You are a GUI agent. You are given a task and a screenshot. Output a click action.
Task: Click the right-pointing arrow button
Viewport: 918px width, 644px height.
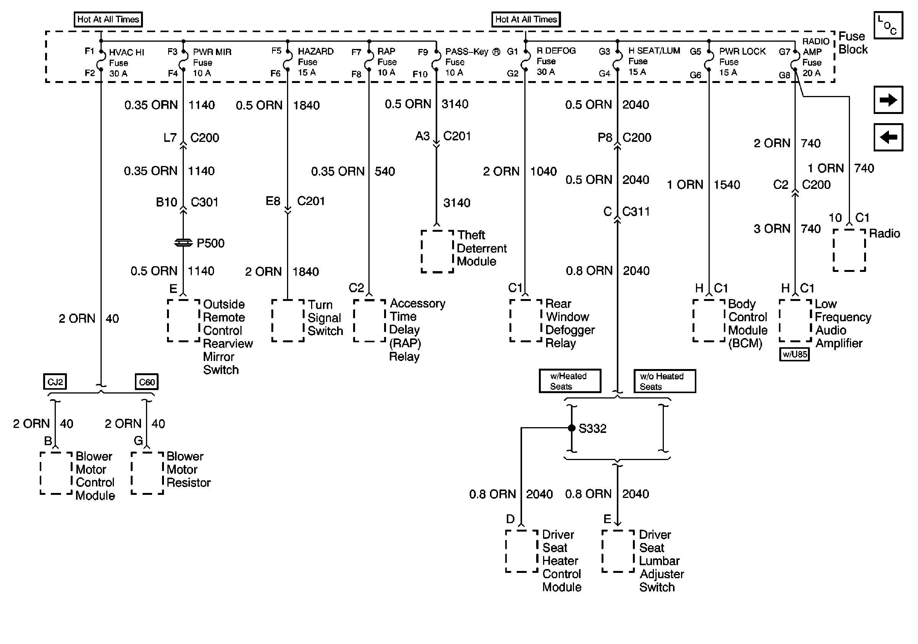pyautogui.click(x=888, y=100)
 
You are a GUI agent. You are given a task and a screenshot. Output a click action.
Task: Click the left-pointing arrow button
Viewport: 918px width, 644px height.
pyautogui.click(x=888, y=137)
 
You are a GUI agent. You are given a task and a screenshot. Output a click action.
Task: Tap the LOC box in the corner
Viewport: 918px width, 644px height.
pyautogui.click(x=888, y=25)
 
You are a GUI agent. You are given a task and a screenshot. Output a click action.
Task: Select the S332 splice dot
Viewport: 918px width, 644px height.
pyautogui.click(x=572, y=428)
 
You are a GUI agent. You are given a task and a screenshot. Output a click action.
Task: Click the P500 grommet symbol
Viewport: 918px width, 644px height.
pyautogui.click(x=183, y=243)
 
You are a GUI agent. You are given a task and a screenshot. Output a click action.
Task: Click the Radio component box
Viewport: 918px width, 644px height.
pyautogui.click(x=849, y=250)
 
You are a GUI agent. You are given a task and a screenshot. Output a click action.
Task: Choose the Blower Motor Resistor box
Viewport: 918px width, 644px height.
pyautogui.click(x=147, y=473)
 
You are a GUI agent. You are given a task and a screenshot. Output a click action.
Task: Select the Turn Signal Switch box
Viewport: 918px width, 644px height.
pyautogui.click(x=287, y=320)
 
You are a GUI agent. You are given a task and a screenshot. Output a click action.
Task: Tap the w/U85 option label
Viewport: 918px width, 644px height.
pyautogui.click(x=795, y=355)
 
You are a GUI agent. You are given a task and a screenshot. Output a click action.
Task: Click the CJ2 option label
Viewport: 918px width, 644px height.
pyautogui.click(x=55, y=382)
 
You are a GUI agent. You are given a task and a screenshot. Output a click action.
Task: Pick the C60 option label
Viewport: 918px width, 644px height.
pyautogui.click(x=147, y=382)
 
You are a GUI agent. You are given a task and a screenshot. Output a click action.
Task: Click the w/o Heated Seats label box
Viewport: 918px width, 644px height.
pyautogui.click(x=665, y=381)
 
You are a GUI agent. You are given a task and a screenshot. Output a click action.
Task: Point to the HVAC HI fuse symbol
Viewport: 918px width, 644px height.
pyautogui.click(x=101, y=60)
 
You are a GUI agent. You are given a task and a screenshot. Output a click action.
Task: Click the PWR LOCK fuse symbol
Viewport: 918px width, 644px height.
pyautogui.click(x=709, y=60)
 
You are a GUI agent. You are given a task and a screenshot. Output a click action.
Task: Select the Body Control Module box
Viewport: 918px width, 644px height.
pyautogui.click(x=709, y=320)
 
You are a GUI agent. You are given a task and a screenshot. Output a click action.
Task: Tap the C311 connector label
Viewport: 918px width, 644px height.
pyautogui.click(x=636, y=211)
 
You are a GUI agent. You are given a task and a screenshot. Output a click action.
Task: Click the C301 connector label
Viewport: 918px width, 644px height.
pyautogui.click(x=204, y=202)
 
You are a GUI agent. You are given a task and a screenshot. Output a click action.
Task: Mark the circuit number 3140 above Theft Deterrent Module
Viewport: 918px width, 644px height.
pyautogui.click(x=457, y=203)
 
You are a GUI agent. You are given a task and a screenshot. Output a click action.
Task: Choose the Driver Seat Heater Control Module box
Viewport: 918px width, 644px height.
pyautogui.click(x=521, y=551)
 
